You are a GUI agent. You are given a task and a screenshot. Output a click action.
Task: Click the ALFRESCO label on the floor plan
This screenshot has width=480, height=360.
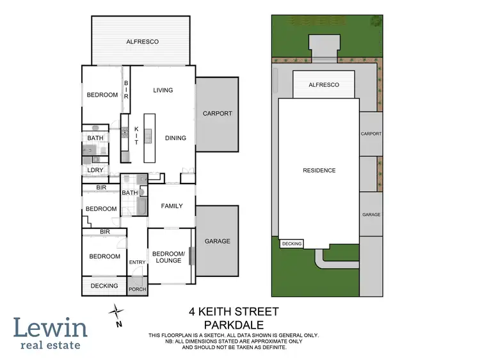click(141, 42)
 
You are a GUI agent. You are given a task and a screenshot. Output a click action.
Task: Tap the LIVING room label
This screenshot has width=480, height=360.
click(163, 90)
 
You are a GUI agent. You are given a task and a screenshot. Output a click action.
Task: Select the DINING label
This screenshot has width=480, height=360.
click(175, 137)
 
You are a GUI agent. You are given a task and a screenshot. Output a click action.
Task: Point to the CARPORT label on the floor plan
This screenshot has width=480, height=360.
click(217, 114)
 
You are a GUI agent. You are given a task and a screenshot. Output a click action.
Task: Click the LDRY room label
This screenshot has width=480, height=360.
click(95, 170)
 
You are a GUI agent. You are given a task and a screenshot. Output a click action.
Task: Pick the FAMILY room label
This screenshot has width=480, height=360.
click(172, 206)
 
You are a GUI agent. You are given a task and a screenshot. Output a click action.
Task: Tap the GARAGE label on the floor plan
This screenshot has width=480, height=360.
click(217, 241)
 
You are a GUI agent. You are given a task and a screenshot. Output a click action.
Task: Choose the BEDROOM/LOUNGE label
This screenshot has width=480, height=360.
click(168, 257)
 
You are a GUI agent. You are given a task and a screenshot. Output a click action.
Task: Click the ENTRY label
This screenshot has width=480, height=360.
click(138, 262)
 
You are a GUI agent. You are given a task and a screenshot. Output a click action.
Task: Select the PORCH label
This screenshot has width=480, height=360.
click(138, 289)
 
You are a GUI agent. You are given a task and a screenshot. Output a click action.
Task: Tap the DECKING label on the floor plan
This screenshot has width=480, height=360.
click(104, 286)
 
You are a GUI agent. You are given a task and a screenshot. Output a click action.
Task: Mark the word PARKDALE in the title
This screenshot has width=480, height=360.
click(234, 325)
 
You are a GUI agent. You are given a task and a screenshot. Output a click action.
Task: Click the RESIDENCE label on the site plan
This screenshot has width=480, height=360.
click(319, 170)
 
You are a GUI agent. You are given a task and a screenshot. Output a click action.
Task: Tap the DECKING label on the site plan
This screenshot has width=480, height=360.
click(291, 244)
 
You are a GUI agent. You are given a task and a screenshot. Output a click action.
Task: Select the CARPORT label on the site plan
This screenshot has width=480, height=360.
click(371, 134)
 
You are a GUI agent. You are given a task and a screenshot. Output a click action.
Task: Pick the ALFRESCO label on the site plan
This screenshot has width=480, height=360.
click(323, 84)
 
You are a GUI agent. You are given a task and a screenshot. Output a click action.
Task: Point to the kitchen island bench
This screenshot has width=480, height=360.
click(150, 137)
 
